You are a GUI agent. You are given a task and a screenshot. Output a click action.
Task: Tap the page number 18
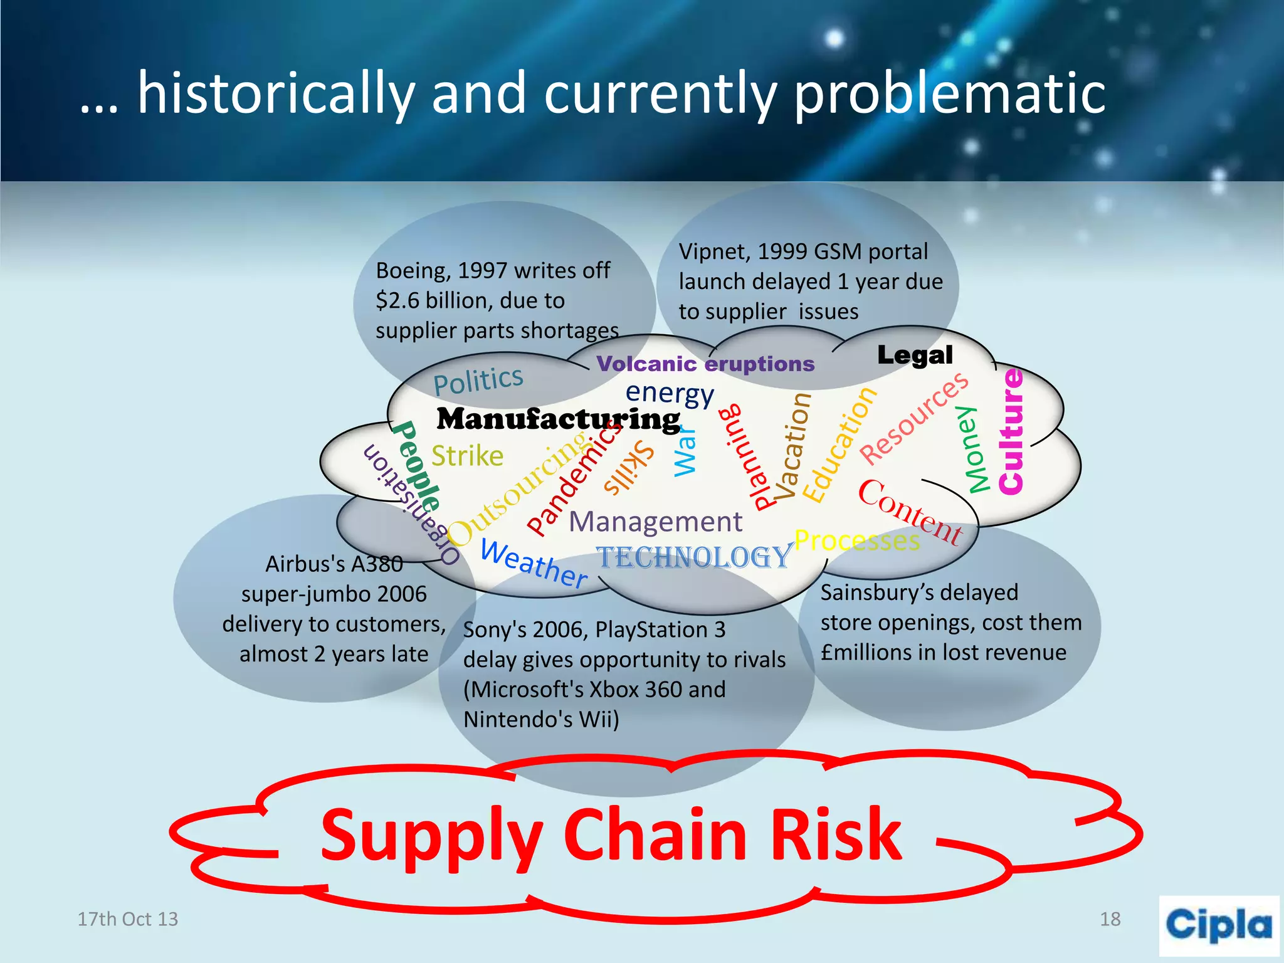[x=1110, y=919]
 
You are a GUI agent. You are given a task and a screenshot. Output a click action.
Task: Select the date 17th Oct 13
[x=127, y=919]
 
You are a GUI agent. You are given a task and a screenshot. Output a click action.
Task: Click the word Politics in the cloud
[x=478, y=380]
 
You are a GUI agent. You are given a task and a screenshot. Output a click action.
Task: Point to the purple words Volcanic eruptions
[x=705, y=364]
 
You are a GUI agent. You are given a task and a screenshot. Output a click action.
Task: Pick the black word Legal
[x=915, y=355]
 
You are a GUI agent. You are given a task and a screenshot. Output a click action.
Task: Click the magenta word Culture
[x=1011, y=432]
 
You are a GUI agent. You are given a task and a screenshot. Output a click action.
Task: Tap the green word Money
[x=976, y=450]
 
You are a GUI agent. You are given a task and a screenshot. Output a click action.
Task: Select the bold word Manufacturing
[x=558, y=419]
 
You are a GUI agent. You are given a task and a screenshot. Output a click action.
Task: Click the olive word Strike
[x=467, y=456]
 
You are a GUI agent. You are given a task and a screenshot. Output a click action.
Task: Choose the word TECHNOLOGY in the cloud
[x=693, y=557]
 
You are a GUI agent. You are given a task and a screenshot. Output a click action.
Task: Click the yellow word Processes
[x=857, y=540]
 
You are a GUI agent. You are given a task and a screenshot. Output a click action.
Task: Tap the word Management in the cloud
[x=655, y=522]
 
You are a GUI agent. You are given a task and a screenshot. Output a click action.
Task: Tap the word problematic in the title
[x=949, y=94]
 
